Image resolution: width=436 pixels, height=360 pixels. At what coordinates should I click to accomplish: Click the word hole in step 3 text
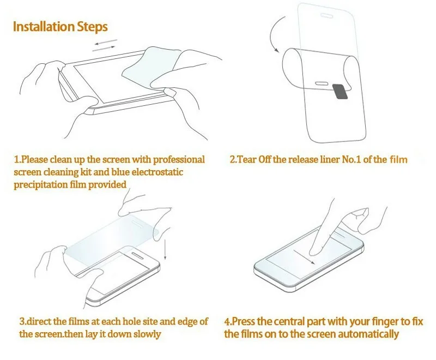coord(119,321)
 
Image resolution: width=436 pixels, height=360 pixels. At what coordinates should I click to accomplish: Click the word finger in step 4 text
coord(376,321)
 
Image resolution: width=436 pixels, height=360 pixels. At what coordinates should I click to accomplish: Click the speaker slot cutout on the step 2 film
coord(323,83)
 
